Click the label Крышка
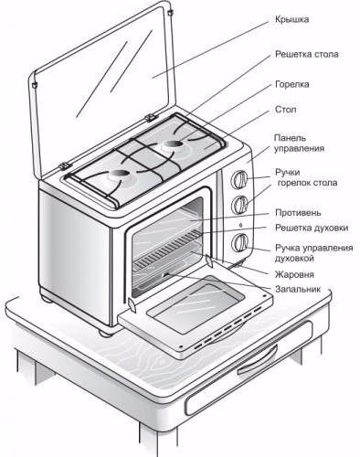[x=292, y=19]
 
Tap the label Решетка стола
[x=307, y=54]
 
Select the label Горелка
[x=292, y=84]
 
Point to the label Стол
[x=285, y=110]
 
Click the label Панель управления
[x=299, y=143]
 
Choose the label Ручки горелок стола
[x=306, y=177]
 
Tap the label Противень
[x=298, y=212]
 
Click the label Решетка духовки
[x=312, y=228]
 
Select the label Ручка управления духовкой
[x=314, y=253]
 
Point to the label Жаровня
[x=294, y=274]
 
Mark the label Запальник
[x=298, y=289]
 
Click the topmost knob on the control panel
[x=239, y=179]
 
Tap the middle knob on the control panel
[x=240, y=205]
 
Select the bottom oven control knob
[x=240, y=242]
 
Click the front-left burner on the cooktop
[x=119, y=175]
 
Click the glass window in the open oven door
[x=196, y=307]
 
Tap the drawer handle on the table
[x=258, y=360]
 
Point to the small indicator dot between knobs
[x=241, y=225]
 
